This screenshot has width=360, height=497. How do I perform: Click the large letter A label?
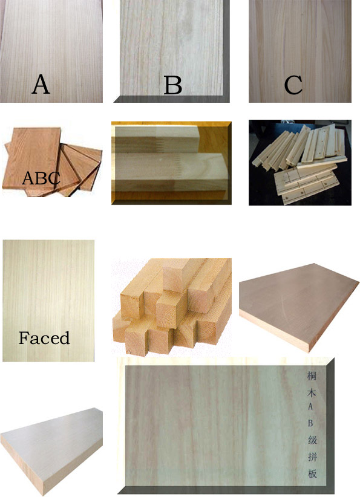(41, 84)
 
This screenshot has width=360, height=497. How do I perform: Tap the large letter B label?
(173, 85)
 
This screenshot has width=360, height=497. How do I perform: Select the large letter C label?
(293, 85)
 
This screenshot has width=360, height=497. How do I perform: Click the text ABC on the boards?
(41, 178)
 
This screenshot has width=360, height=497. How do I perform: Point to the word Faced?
(44, 338)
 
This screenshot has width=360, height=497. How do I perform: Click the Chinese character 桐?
(312, 376)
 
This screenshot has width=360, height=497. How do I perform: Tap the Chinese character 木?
(312, 393)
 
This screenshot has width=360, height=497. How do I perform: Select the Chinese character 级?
(312, 440)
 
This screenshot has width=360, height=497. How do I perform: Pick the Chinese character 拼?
(312, 456)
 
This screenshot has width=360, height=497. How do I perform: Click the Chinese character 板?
(312, 473)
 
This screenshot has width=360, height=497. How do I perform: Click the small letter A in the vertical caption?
(310, 406)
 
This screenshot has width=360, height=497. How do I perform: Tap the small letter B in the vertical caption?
(310, 423)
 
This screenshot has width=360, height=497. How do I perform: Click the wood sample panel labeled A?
(51, 51)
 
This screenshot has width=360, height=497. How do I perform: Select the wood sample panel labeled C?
(300, 51)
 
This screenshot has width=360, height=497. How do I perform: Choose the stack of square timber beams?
(172, 307)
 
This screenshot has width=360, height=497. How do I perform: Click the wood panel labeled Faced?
(48, 300)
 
